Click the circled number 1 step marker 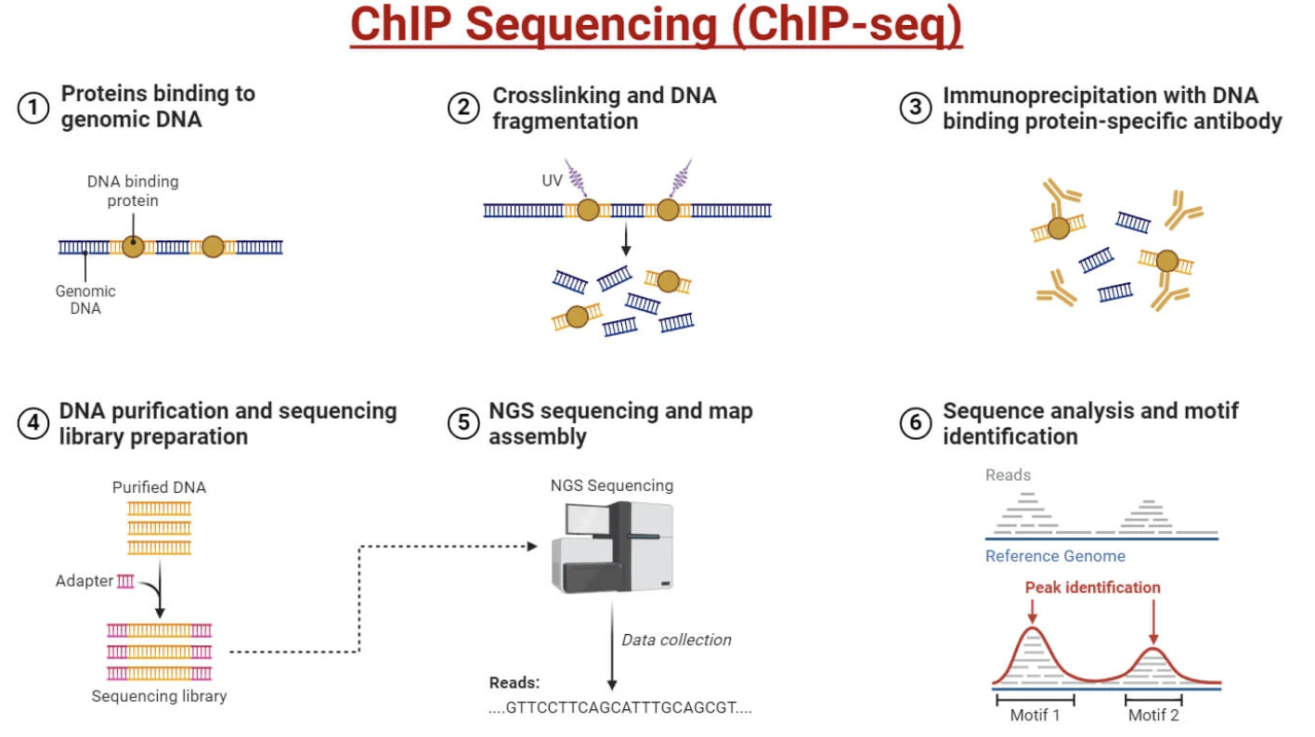(x=33, y=108)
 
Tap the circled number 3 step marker (x=915, y=108)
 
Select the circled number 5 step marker (x=462, y=423)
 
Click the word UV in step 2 (x=552, y=180)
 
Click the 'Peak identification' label (x=1092, y=588)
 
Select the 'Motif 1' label (x=1035, y=715)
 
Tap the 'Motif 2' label (x=1153, y=715)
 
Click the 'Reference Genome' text (x=1055, y=556)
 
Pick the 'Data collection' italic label (x=676, y=640)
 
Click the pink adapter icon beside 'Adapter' (x=125, y=581)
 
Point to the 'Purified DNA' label (x=159, y=487)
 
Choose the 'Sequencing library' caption (x=159, y=695)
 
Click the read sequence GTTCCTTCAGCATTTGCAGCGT (x=620, y=707)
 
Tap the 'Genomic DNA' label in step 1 (x=85, y=299)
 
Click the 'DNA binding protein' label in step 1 (x=133, y=190)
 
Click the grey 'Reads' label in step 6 (x=1008, y=475)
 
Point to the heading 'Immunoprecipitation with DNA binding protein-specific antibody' (x=1112, y=108)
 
